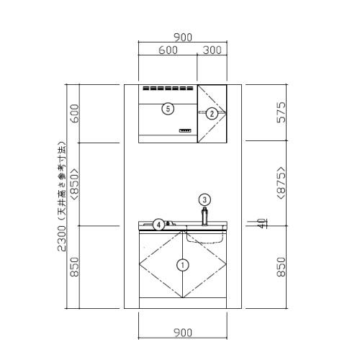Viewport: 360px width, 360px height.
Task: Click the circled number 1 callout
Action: [x=183, y=265]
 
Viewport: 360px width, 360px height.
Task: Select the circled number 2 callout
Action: [x=212, y=114]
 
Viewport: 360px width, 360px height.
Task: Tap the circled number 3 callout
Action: [x=204, y=199]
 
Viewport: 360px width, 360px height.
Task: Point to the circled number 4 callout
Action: [x=158, y=225]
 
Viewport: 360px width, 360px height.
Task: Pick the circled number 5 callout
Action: [x=168, y=109]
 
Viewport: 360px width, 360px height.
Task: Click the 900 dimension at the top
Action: [x=183, y=37]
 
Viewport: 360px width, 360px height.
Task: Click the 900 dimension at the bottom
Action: [x=183, y=333]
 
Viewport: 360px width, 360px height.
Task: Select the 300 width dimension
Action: [x=212, y=50]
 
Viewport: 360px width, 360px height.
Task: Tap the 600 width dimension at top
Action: [x=168, y=50]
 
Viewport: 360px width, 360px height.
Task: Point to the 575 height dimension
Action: [x=282, y=112]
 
